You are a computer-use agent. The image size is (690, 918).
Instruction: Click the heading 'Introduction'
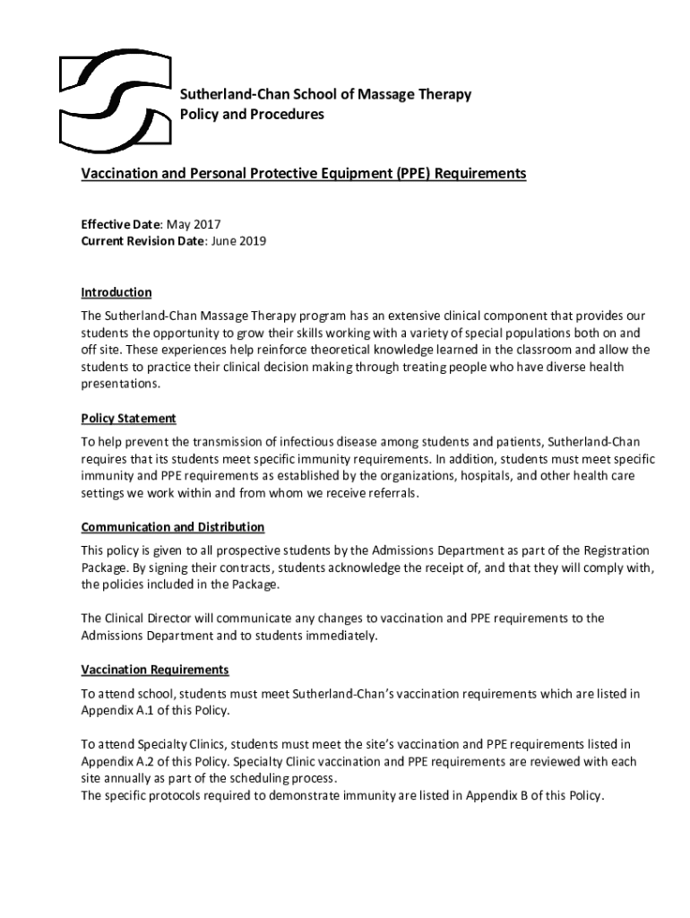tap(116, 292)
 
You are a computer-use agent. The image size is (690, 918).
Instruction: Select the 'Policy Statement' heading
tap(128, 419)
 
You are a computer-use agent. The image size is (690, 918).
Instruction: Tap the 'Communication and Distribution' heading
tap(172, 526)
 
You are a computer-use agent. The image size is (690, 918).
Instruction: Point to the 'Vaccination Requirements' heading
tap(155, 670)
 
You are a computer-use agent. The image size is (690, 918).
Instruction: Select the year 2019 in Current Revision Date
tap(252, 241)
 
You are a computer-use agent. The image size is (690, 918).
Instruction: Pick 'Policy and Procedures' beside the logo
tap(252, 115)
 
